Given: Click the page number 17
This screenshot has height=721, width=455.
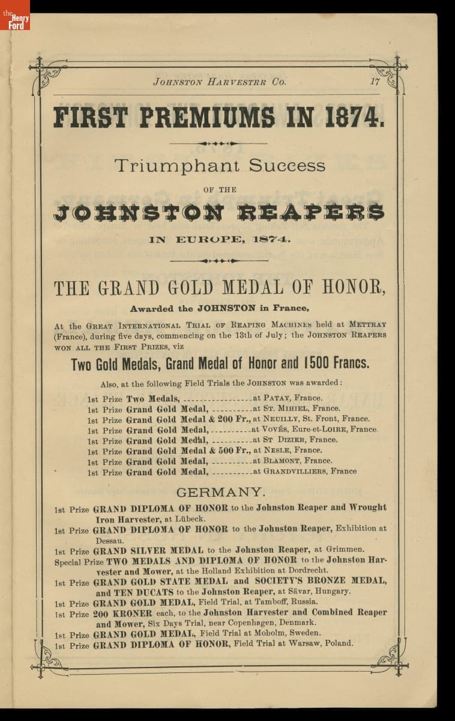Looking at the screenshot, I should click(x=375, y=82).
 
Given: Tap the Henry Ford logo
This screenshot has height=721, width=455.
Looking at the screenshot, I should click(x=15, y=16).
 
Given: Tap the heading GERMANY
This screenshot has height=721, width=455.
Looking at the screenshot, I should click(x=220, y=492).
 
